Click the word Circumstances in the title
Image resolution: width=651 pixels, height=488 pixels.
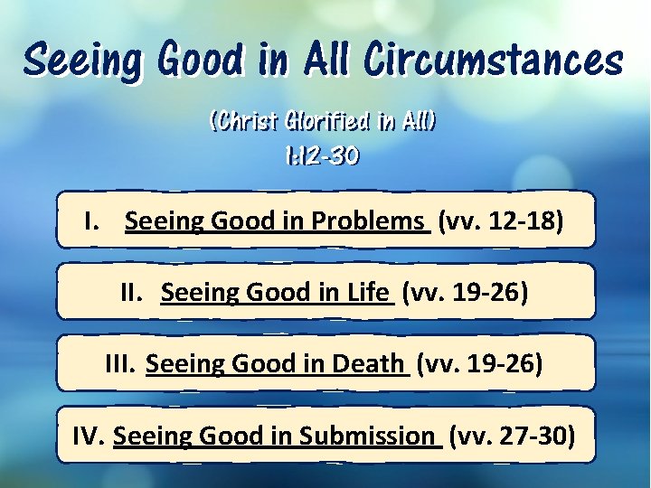click(494, 61)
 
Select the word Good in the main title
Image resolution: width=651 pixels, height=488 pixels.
click(200, 61)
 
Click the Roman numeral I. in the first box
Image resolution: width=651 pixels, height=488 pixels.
click(91, 221)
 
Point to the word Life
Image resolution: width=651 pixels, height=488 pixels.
click(368, 293)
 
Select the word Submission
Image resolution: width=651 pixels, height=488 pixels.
click(366, 436)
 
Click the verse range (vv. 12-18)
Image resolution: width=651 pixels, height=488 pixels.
click(501, 221)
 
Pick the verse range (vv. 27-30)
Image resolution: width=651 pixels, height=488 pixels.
click(512, 436)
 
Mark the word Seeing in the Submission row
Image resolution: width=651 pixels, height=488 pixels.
click(152, 436)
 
